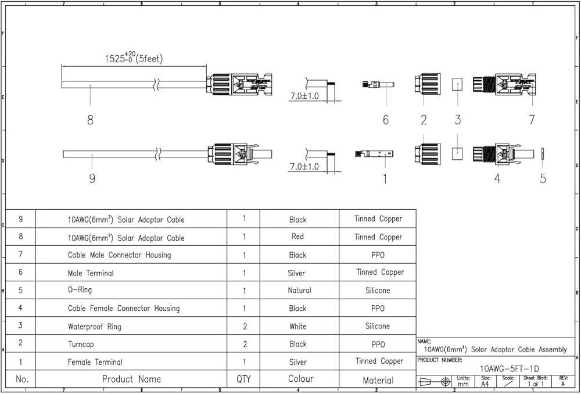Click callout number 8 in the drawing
tap(90, 120)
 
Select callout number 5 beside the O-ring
tap(543, 178)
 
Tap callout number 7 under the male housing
tap(532, 120)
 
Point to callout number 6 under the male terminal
tap(385, 120)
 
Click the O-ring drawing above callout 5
tap(543, 154)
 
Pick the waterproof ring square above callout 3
tap(458, 85)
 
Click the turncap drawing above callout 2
tap(424, 85)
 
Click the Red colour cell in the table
tap(298, 237)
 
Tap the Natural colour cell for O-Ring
tap(299, 290)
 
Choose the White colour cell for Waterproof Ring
tap(298, 326)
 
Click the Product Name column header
tap(131, 379)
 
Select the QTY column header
tap(243, 379)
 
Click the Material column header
tap(378, 380)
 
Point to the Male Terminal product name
tap(91, 273)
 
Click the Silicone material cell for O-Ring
tap(378, 290)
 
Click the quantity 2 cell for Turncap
tap(245, 344)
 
